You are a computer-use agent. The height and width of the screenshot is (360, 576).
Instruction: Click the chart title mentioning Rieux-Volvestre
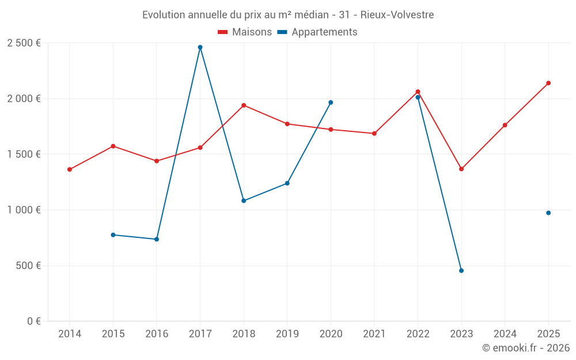pos(288,14)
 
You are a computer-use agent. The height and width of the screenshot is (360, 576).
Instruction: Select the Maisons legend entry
pos(245,32)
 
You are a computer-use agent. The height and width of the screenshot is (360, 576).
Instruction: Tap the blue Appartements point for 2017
pos(200,47)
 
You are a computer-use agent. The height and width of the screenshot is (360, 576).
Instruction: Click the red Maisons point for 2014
pos(70,169)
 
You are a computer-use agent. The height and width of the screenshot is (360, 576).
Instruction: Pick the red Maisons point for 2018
pos(244,105)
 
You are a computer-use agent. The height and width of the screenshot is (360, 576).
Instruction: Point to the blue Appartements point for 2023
pos(461,271)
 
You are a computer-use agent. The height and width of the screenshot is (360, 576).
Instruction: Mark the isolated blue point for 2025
pos(548,213)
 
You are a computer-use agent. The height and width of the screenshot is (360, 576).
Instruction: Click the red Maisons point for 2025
pos(548,83)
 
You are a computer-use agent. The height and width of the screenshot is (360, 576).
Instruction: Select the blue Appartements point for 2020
pos(331,103)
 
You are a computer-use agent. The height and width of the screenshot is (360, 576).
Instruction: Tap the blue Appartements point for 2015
pos(113,235)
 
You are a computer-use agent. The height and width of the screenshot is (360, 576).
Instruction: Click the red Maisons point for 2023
pos(461,169)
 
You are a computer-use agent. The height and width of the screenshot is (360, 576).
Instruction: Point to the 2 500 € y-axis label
pos(24,43)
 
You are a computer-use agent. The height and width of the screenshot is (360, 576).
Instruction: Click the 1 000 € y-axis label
pos(24,210)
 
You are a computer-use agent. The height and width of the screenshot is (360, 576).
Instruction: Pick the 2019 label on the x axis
pos(287,334)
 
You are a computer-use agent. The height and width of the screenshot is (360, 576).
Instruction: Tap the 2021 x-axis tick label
pos(374,334)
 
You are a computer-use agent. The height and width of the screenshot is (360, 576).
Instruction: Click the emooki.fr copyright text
pos(526,348)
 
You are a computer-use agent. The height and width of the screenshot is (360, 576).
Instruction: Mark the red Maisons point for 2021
pos(374,134)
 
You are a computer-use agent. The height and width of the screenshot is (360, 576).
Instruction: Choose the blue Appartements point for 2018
pos(244,200)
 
